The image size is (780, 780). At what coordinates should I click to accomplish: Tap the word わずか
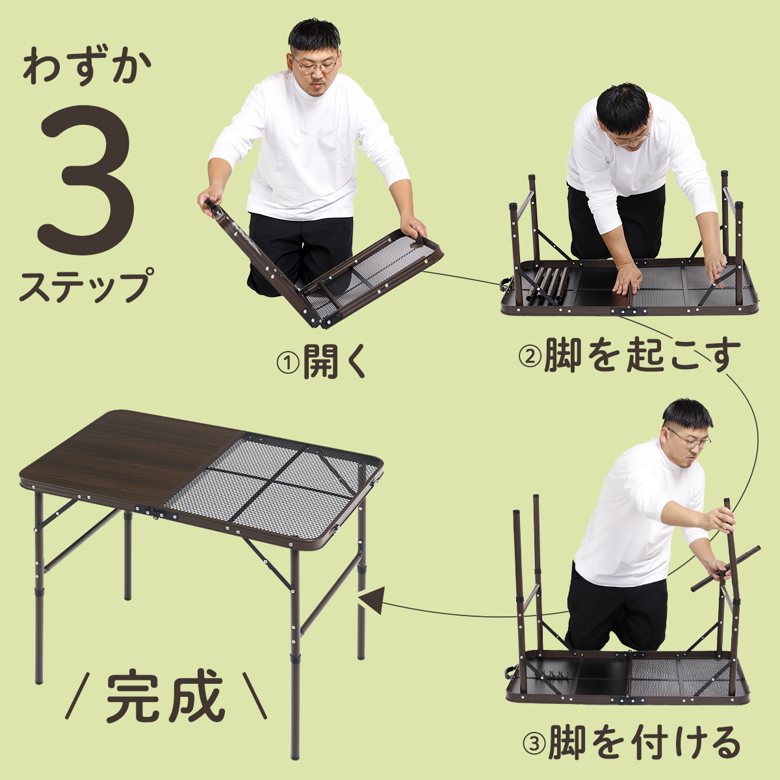(x=86, y=66)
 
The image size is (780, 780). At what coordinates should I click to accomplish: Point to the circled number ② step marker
(x=530, y=356)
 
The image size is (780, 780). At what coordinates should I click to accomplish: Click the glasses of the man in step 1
(x=315, y=65)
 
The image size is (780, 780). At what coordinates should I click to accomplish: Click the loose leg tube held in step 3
(x=725, y=568)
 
